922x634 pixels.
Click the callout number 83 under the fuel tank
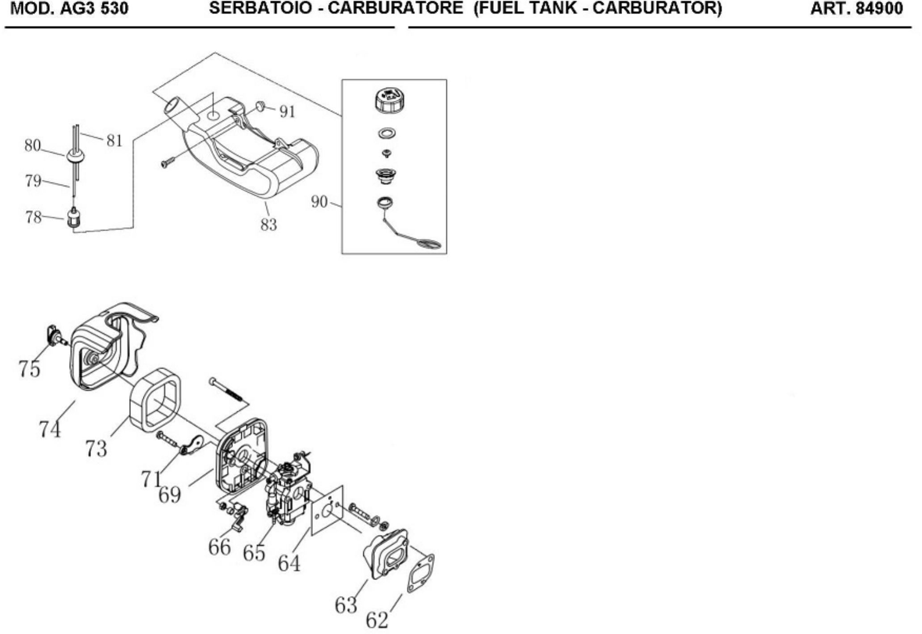point(269,224)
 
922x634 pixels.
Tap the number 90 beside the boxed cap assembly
point(320,202)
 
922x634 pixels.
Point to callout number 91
point(287,112)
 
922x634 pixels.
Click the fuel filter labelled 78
point(72,218)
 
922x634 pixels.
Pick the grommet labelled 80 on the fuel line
point(75,156)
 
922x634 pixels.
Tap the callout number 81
point(114,141)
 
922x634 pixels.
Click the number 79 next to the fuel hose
point(33,181)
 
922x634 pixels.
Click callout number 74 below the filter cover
point(50,429)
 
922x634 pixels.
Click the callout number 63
point(346,605)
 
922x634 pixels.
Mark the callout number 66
point(219,547)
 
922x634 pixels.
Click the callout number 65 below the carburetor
point(254,553)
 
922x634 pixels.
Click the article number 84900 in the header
point(878,9)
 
